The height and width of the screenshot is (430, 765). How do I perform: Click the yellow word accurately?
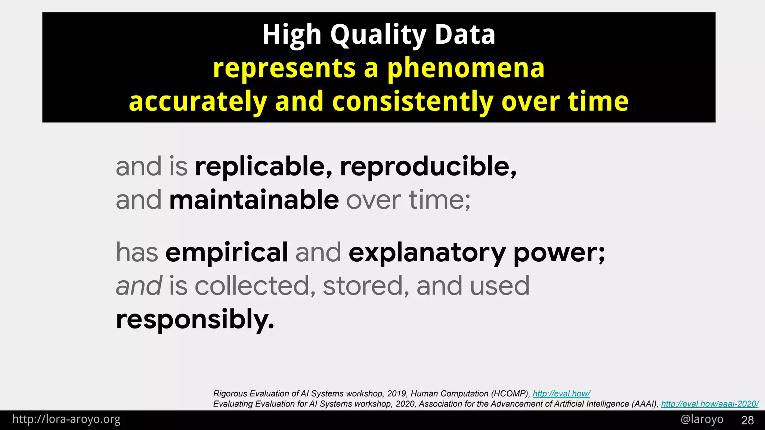198,102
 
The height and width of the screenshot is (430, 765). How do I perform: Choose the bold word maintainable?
254,200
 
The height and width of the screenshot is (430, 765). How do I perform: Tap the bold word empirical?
226,252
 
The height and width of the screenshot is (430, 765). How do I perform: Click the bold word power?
559,253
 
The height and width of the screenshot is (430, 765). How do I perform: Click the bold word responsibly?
195,320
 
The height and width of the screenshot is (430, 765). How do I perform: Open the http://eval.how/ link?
561,393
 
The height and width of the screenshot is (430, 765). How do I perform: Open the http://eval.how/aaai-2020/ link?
710,404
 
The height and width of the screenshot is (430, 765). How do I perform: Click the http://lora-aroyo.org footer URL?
66,420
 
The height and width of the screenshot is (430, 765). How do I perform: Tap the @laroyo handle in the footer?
702,420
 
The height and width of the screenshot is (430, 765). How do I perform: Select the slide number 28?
747,420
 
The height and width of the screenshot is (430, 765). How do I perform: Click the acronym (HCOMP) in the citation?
510,393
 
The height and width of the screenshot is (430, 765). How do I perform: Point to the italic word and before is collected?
139,286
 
